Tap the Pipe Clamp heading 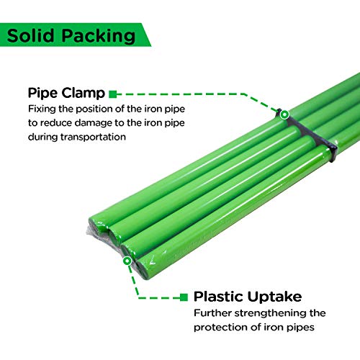click(x=66, y=93)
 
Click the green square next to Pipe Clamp click(x=112, y=93)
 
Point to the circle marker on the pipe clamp click(x=284, y=114)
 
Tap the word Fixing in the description click(x=42, y=109)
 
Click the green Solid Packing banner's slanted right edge click(x=147, y=35)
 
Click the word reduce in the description click(x=58, y=123)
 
